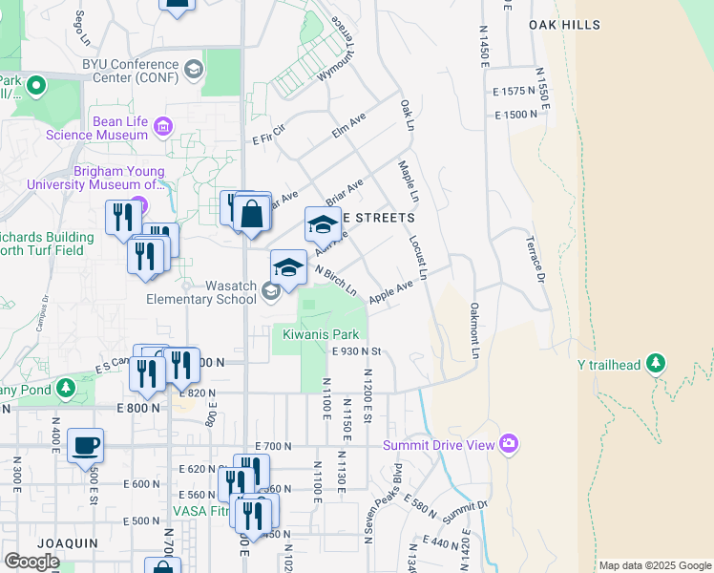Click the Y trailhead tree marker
point(655,364)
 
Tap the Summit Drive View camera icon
point(508,444)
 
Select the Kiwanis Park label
point(320,335)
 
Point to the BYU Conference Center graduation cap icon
point(194,69)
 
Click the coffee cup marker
point(86,445)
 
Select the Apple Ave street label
point(390,292)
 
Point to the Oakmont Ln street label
point(474,330)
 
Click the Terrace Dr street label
point(533,259)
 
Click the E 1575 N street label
point(517,92)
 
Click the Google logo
point(31,562)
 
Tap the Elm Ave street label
point(349,126)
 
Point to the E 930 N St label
point(356,351)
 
